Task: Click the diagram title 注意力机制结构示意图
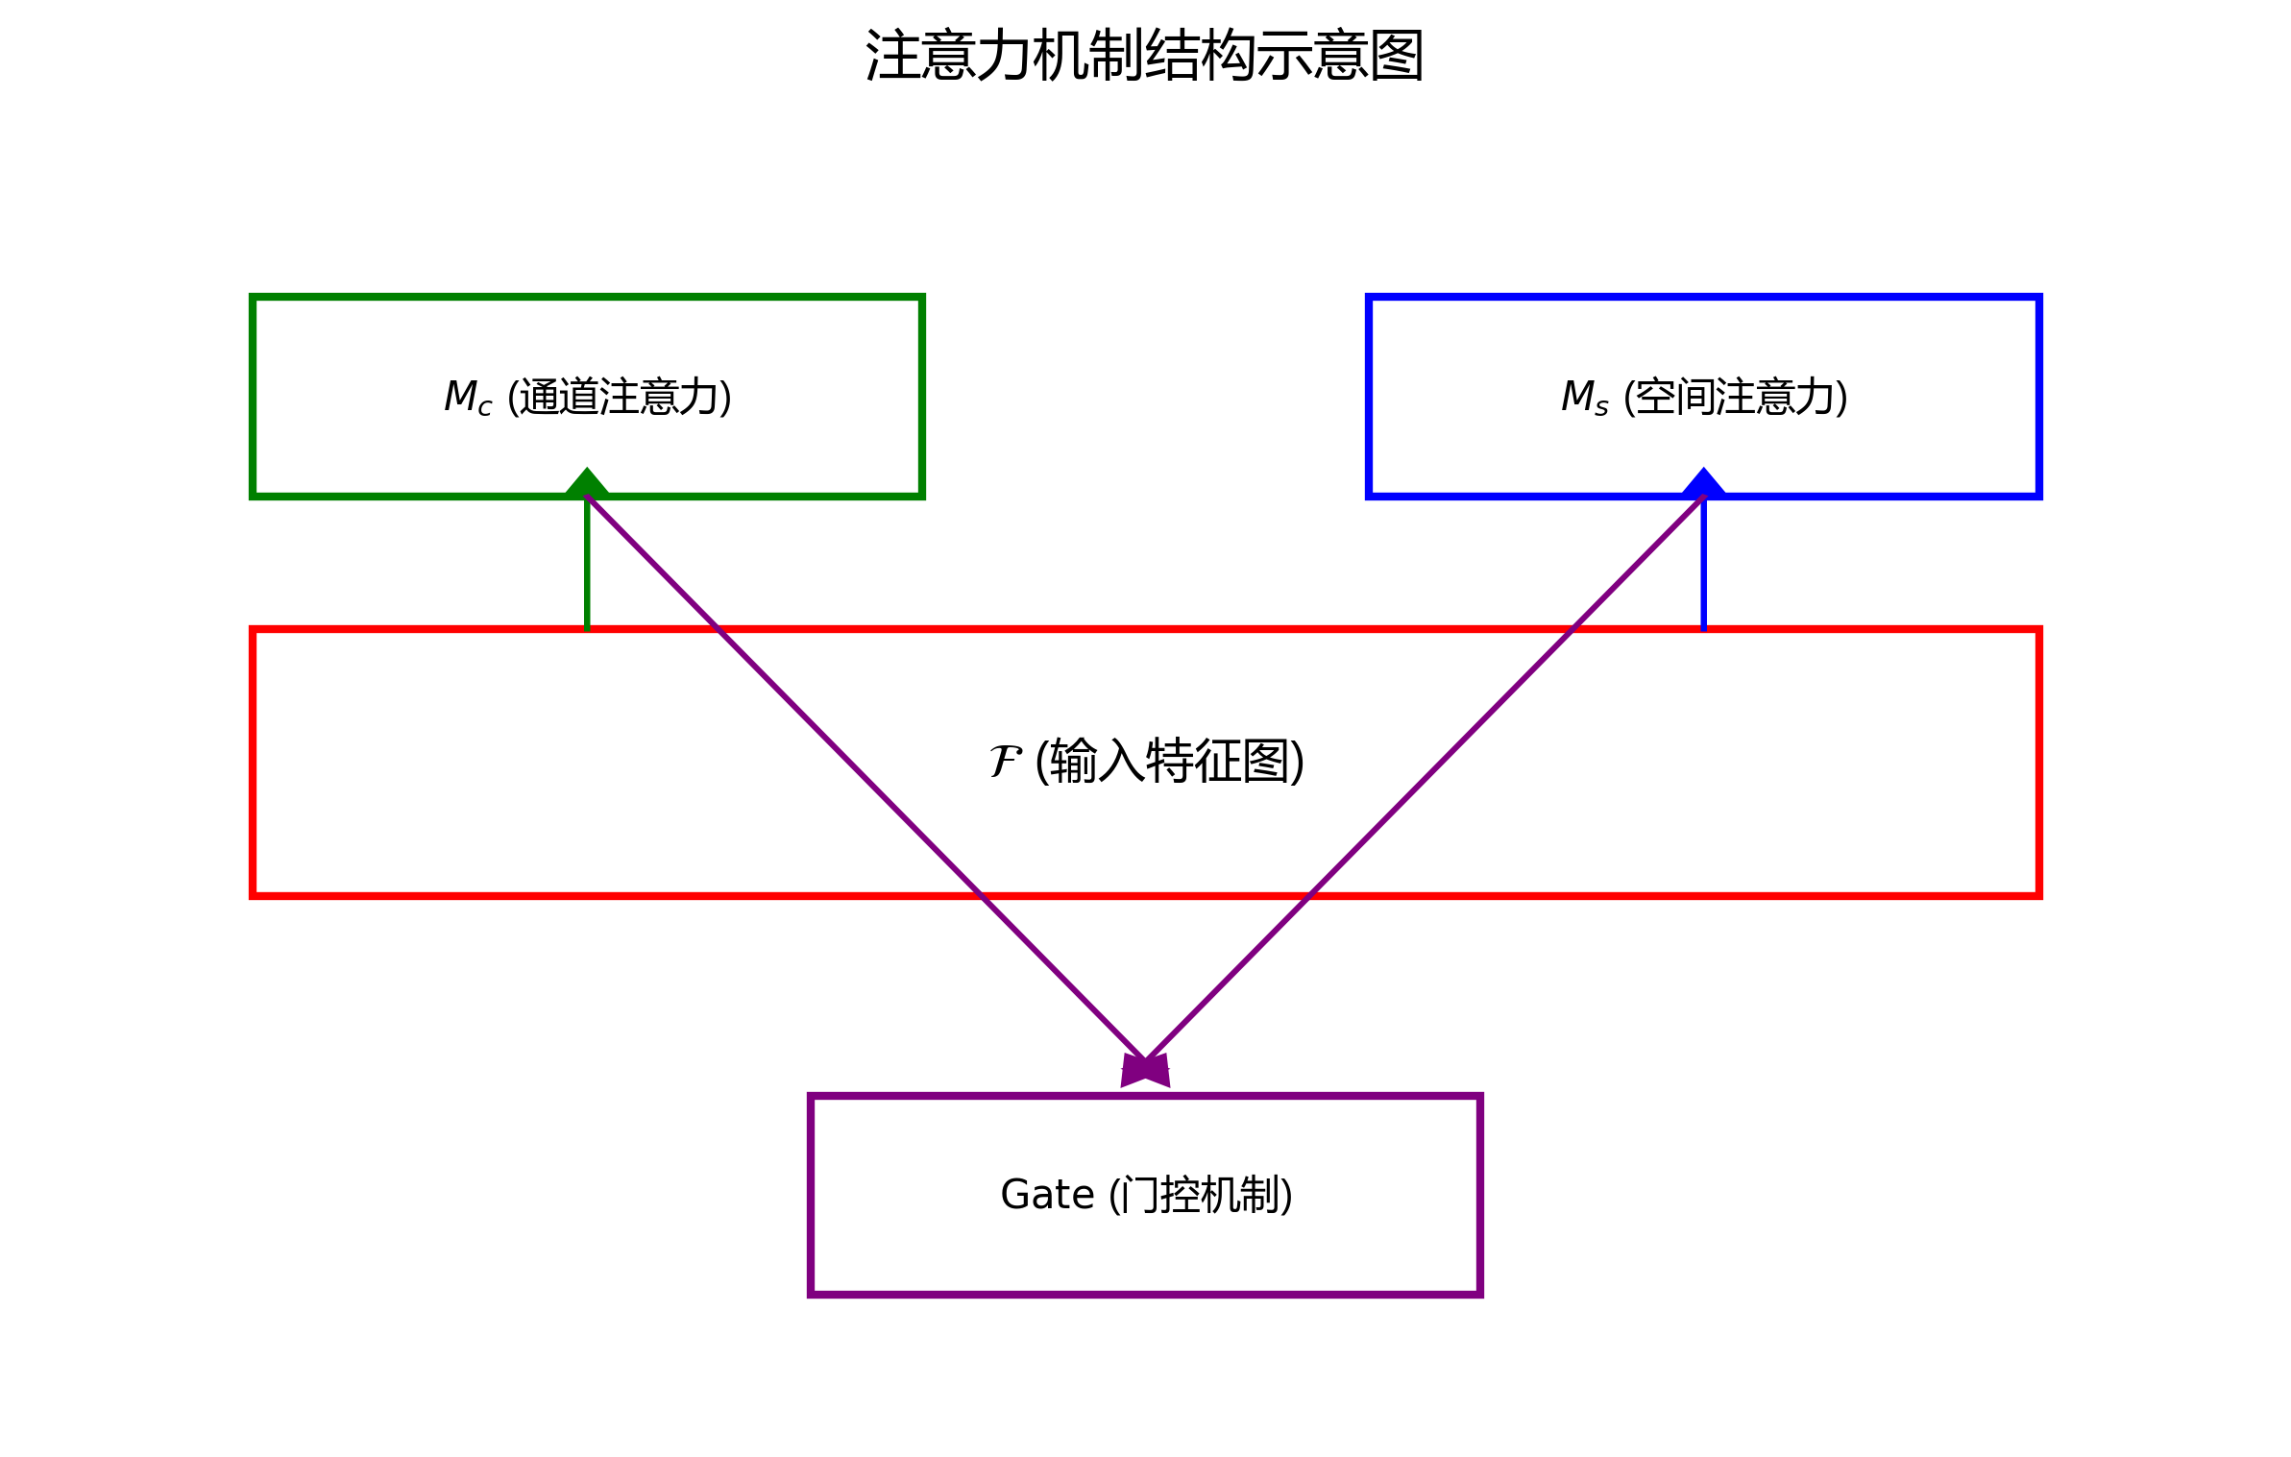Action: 1144,56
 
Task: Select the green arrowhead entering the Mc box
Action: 587,482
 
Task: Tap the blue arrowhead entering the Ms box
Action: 1703,482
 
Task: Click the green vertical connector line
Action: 587,567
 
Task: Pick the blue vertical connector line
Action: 1703,567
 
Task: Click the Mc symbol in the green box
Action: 467,397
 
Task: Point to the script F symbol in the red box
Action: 1005,762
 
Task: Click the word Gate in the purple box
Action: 1047,1195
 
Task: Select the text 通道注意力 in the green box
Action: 620,397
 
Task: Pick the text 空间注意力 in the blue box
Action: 1736,397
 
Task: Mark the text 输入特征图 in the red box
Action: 1169,762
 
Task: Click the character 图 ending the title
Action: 1398,56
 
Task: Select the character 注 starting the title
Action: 892,56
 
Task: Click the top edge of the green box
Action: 587,298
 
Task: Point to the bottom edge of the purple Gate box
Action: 1145,1294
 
